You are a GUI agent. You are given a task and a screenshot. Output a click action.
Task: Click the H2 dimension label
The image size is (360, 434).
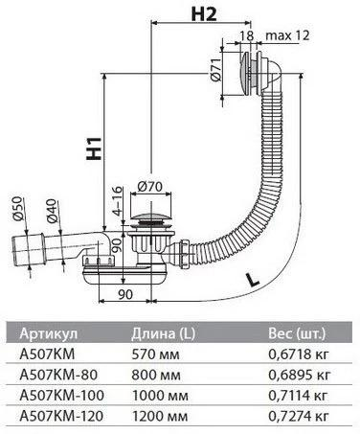[204, 14]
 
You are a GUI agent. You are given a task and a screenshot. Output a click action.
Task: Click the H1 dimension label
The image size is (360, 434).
[95, 148]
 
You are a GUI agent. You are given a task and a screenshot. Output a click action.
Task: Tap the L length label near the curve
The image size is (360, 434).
[254, 280]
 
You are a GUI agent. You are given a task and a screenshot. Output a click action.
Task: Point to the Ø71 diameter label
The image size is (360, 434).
[215, 70]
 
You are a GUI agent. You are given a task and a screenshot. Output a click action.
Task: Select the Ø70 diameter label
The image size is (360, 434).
[149, 187]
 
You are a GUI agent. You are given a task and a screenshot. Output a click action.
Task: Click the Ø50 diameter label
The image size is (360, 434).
[18, 209]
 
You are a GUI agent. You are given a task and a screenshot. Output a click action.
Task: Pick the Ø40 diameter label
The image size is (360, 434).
[52, 211]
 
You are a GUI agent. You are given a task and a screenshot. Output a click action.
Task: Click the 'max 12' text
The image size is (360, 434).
[288, 35]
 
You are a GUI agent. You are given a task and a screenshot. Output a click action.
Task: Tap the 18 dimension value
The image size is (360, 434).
[247, 35]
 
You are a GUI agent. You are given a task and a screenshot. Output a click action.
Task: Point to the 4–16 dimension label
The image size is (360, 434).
[118, 201]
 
